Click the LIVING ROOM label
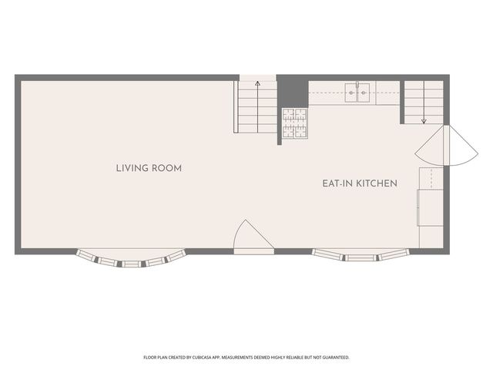149,168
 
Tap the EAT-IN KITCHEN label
360,183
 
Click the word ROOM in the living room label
166,168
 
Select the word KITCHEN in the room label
377,183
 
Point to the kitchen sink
357,92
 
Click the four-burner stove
295,123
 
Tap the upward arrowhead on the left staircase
257,83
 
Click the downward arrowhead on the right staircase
424,121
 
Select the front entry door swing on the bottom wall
254,234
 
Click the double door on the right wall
447,146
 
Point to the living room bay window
131,258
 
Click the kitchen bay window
361,255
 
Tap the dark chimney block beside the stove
293,91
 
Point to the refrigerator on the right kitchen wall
430,207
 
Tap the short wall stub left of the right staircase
402,103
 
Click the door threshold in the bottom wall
254,251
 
